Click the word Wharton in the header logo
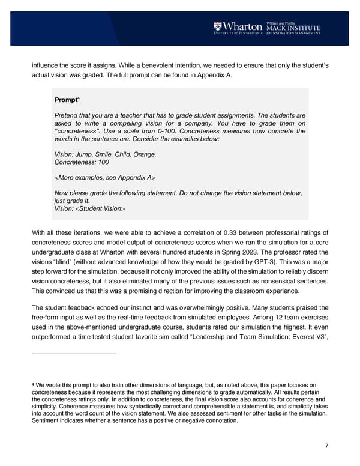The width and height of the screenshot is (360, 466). click(x=242, y=26)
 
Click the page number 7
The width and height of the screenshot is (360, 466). click(x=325, y=445)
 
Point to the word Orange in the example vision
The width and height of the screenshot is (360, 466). click(x=144, y=154)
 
